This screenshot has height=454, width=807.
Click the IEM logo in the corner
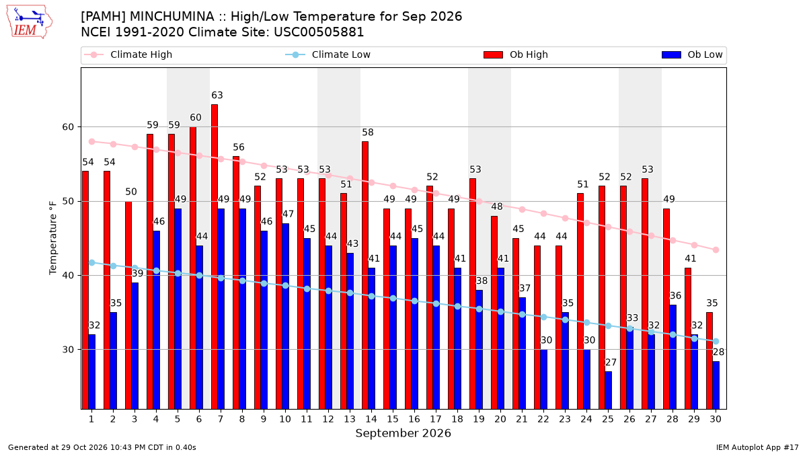(30, 22)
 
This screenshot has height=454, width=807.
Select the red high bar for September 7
(215, 256)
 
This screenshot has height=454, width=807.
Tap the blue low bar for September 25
(608, 390)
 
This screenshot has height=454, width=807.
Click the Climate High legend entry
(128, 54)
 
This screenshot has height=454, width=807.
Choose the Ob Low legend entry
(692, 54)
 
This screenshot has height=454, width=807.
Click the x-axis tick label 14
(371, 419)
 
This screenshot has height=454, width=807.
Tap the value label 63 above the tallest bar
(217, 95)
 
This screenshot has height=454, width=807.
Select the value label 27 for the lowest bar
(611, 362)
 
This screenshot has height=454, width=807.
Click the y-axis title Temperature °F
(53, 238)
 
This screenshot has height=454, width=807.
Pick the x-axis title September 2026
(403, 433)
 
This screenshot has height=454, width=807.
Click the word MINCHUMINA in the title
(171, 17)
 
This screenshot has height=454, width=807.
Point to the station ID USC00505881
(319, 32)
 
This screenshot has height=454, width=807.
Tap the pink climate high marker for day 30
(716, 250)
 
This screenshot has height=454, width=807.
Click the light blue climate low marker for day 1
(92, 263)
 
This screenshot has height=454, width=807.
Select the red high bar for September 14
(365, 275)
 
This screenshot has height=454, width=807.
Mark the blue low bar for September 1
(92, 372)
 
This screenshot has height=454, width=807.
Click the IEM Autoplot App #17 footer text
(757, 447)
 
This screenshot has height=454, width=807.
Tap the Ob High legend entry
(516, 54)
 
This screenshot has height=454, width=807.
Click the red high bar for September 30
(709, 361)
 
